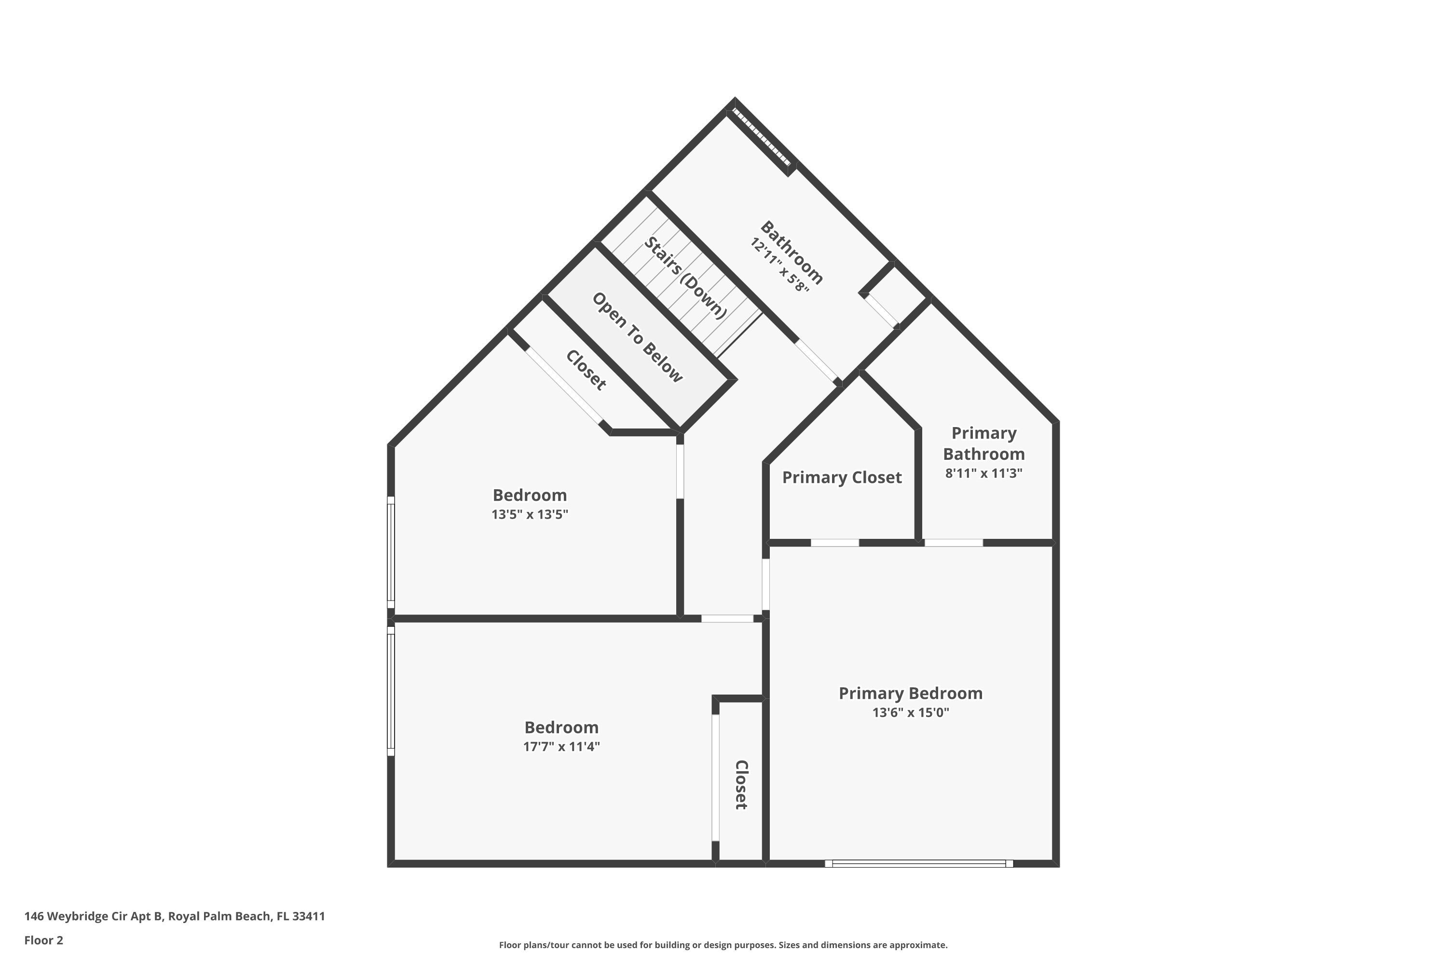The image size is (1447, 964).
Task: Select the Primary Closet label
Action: pyautogui.click(x=841, y=478)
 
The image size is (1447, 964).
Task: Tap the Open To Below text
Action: pyautogui.click(x=637, y=337)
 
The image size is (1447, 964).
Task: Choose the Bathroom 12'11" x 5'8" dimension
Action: pyautogui.click(x=778, y=265)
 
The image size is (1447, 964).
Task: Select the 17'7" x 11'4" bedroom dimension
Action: pyautogui.click(x=561, y=746)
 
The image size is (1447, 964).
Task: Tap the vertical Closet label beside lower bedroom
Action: pyautogui.click(x=741, y=785)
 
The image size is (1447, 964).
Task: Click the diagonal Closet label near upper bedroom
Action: pyautogui.click(x=586, y=370)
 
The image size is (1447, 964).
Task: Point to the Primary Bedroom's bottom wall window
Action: pyautogui.click(x=918, y=863)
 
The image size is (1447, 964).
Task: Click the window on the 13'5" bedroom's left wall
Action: pyautogui.click(x=391, y=551)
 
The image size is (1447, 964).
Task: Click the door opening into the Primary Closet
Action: pyautogui.click(x=834, y=543)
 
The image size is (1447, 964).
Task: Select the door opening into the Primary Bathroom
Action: pyautogui.click(x=953, y=543)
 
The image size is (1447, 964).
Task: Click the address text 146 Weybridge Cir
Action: pyautogui.click(x=175, y=916)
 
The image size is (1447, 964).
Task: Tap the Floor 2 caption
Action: pyautogui.click(x=44, y=940)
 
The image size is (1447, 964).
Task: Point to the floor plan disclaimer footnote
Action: pyautogui.click(x=723, y=945)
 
